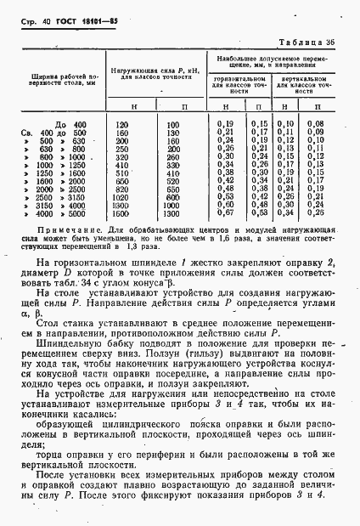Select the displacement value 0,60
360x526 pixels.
click(225, 205)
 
